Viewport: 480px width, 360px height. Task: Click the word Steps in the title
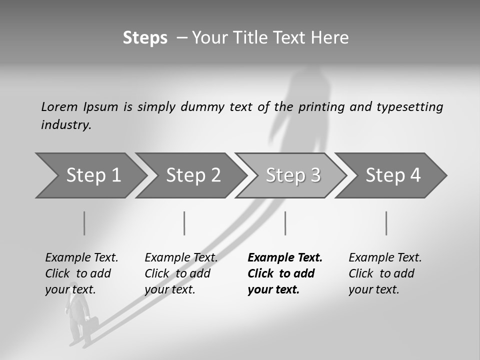coord(145,38)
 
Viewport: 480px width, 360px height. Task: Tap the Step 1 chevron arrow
coord(90,175)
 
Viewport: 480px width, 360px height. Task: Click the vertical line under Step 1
coord(84,223)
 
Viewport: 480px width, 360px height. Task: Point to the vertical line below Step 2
coord(184,223)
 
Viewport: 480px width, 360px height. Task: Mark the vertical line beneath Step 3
coord(285,223)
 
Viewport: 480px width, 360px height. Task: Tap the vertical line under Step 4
coord(386,223)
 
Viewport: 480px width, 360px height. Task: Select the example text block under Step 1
coord(81,273)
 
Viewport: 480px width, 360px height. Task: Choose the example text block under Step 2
coord(181,273)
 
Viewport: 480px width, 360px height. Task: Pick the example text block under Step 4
coord(385,273)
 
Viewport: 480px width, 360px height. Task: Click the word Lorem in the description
coord(59,106)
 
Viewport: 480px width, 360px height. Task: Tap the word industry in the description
coord(66,125)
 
